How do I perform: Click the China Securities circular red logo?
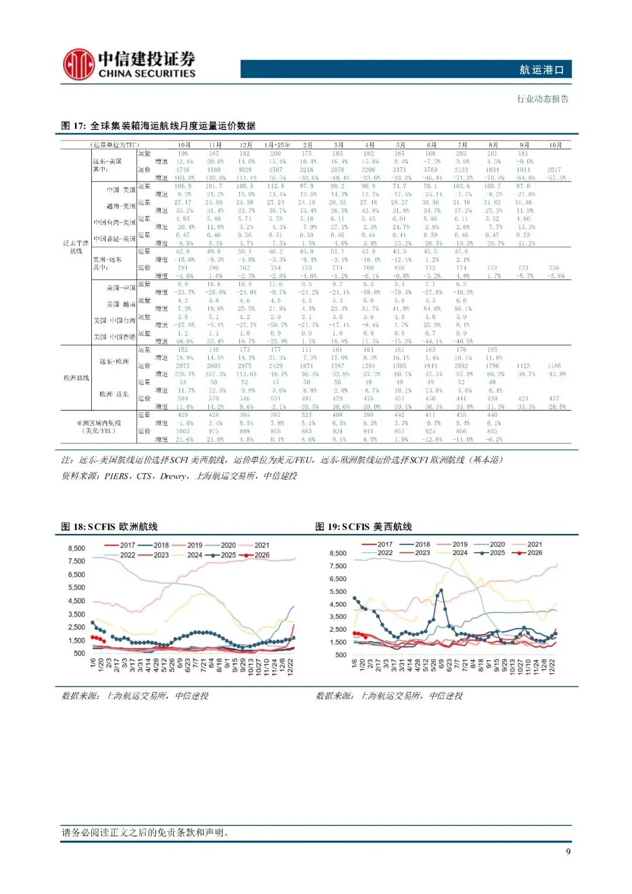79,64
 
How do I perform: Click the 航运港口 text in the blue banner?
541,70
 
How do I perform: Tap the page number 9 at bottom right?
568,851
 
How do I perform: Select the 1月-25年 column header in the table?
277,145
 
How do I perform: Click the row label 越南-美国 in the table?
121,206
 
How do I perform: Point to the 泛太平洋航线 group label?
76,247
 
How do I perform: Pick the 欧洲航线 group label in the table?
76,378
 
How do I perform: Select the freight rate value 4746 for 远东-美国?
183,170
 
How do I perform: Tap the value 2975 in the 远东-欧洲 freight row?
245,366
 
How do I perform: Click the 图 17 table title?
158,126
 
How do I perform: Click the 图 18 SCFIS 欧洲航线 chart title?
109,527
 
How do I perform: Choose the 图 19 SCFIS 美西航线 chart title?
363,527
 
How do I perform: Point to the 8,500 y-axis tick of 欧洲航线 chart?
77,549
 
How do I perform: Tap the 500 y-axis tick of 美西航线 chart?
341,655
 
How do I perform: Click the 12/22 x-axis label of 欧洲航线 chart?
290,666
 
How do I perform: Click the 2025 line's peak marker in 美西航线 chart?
441,591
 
